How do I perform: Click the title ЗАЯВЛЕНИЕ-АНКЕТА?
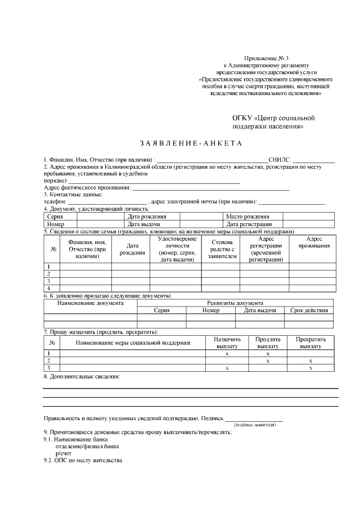(x=182, y=143)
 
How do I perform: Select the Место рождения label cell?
(x=247, y=217)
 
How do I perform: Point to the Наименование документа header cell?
(x=91, y=303)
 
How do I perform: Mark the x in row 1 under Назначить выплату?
(x=227, y=354)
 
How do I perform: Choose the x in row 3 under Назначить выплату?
(x=227, y=368)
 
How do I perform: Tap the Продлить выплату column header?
(x=268, y=343)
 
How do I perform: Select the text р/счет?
(x=63, y=453)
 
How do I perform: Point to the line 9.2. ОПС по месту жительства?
(x=83, y=460)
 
